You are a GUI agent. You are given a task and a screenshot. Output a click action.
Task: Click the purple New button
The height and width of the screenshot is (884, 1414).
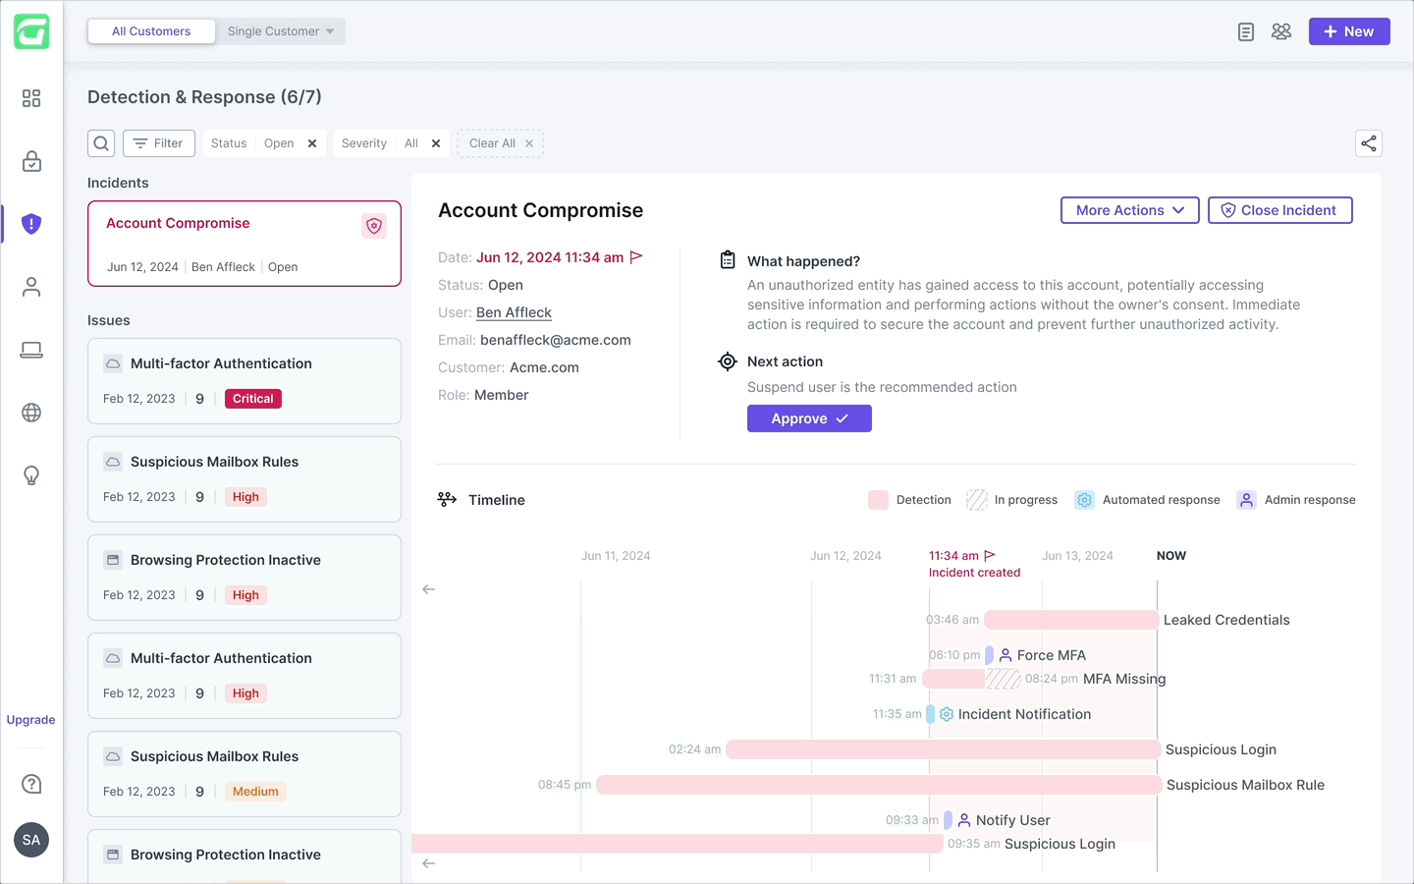pos(1348,31)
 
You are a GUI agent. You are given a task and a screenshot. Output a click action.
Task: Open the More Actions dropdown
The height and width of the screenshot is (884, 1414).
pos(1129,210)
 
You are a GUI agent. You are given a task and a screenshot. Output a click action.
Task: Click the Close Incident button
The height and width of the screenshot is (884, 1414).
pos(1279,210)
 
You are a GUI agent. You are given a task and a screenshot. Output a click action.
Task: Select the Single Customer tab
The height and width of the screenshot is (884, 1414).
pos(280,31)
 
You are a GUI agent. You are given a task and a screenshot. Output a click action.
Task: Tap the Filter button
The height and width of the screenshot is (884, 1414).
pos(159,143)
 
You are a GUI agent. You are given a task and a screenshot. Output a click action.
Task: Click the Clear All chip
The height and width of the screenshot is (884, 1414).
pos(500,143)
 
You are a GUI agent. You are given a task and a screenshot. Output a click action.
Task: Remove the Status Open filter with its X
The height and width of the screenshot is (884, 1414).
pos(312,143)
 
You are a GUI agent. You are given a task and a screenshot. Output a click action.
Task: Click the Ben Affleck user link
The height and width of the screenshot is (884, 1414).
pos(514,312)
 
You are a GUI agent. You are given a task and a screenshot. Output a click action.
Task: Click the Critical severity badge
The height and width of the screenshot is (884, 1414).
pos(252,399)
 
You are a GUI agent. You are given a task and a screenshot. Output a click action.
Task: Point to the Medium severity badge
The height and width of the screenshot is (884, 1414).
pos(255,792)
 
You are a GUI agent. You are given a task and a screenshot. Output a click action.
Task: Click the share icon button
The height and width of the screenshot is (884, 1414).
pos(1369,143)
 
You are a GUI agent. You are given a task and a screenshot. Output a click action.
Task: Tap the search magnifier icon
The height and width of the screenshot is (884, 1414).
pos(101,143)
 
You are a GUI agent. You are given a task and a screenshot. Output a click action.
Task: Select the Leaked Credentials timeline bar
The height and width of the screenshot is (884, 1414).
pos(1071,620)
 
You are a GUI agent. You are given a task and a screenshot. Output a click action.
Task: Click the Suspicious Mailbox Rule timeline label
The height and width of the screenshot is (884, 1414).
pos(1245,785)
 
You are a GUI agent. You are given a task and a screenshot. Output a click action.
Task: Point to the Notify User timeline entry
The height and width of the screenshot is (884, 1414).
pos(1012,820)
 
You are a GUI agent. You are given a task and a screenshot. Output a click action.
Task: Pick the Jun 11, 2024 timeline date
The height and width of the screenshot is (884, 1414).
pos(616,556)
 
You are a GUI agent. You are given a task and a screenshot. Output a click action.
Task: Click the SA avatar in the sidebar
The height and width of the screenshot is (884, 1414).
pos(31,840)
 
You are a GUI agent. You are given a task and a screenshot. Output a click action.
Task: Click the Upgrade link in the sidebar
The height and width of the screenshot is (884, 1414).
pos(31,720)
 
